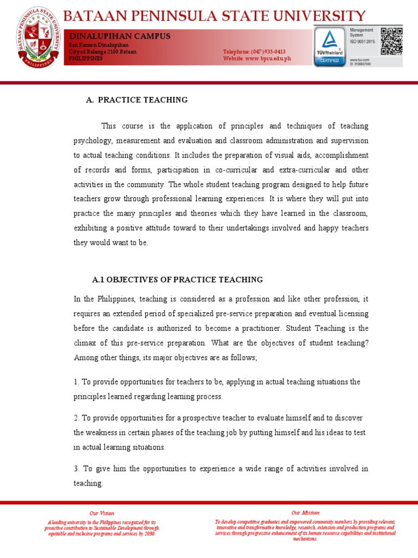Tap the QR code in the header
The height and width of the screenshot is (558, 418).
(391, 41)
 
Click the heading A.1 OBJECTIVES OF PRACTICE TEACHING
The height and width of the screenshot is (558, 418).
(177, 280)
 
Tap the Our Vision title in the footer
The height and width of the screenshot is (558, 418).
(102, 513)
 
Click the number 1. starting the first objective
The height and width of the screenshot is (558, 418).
(76, 382)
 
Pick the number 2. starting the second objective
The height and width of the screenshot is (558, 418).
(76, 417)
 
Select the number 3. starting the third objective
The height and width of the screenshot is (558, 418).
(76, 469)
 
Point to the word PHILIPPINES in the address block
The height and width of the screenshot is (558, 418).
(85, 58)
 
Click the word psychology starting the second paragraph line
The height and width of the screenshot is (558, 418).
(91, 140)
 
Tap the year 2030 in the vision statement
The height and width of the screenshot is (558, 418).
(148, 533)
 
